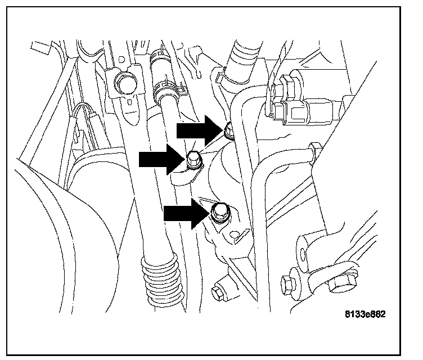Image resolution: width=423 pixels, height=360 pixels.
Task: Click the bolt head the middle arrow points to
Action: point(192,159)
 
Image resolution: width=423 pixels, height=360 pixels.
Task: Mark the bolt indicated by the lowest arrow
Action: point(218,213)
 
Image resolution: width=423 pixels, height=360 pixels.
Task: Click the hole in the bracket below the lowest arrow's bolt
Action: point(243,232)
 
